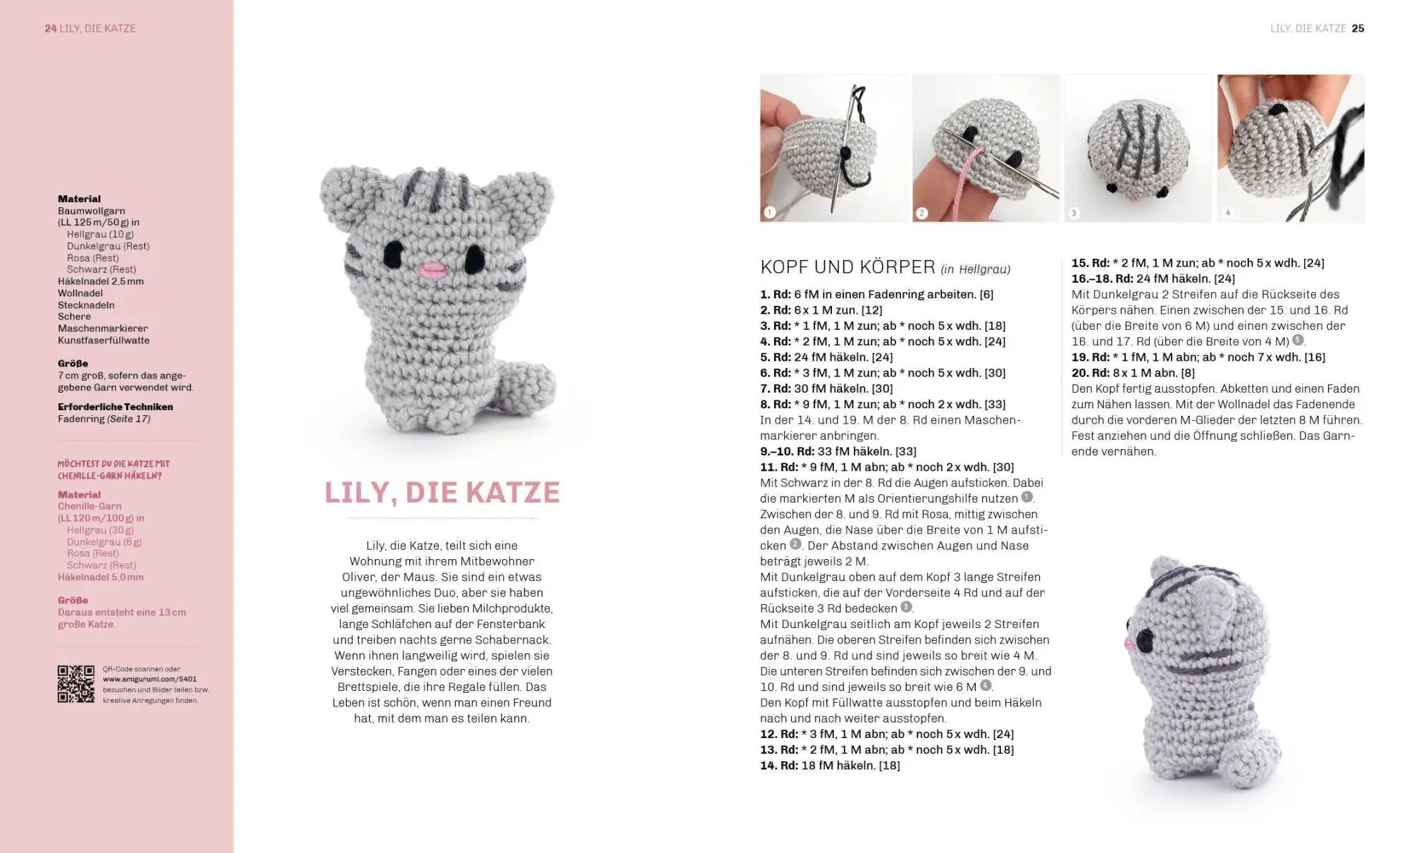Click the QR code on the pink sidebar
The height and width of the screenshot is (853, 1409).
pos(75,684)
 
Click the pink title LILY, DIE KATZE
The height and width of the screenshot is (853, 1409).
pos(442,492)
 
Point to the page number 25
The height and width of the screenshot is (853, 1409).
pos(1358,28)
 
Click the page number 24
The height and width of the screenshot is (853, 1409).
pos(50,28)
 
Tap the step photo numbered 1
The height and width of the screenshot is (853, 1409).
pos(833,148)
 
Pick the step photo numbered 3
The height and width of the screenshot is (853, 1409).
pos(1138,148)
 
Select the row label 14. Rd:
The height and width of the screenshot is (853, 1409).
pos(778,766)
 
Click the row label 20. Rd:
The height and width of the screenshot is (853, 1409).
pos(1090,373)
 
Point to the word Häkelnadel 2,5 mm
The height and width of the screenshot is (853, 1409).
pos(101,281)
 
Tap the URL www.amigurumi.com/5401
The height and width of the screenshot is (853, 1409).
pos(149,680)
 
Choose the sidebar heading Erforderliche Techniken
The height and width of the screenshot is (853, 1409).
pos(115,407)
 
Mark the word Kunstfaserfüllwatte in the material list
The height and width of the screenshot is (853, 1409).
pos(104,340)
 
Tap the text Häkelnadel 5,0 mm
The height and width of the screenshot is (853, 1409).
pos(101,577)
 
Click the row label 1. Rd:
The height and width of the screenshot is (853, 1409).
pos(775,295)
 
